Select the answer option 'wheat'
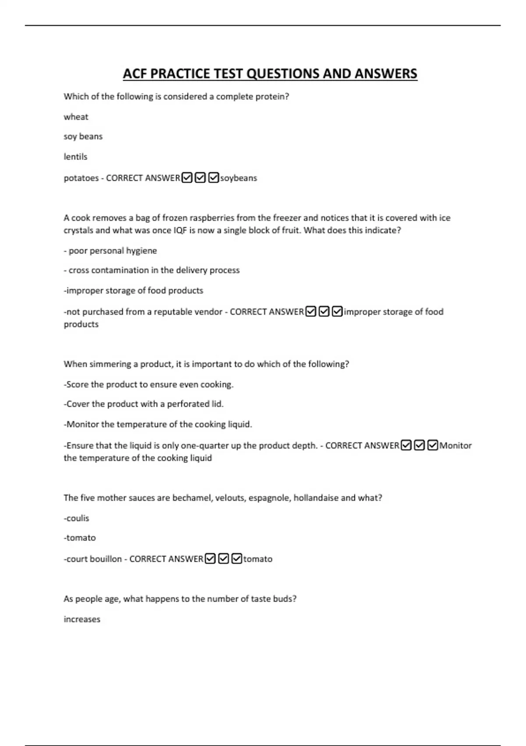click(76, 117)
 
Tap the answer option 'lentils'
click(75, 157)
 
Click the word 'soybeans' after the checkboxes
click(238, 178)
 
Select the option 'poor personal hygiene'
click(113, 251)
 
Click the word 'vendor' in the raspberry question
click(208, 312)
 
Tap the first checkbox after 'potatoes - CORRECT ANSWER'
click(187, 178)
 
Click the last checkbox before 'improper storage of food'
click(337, 312)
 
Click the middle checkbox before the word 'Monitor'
click(419, 445)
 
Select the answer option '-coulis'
click(77, 518)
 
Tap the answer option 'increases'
click(82, 619)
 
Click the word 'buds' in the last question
click(284, 599)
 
